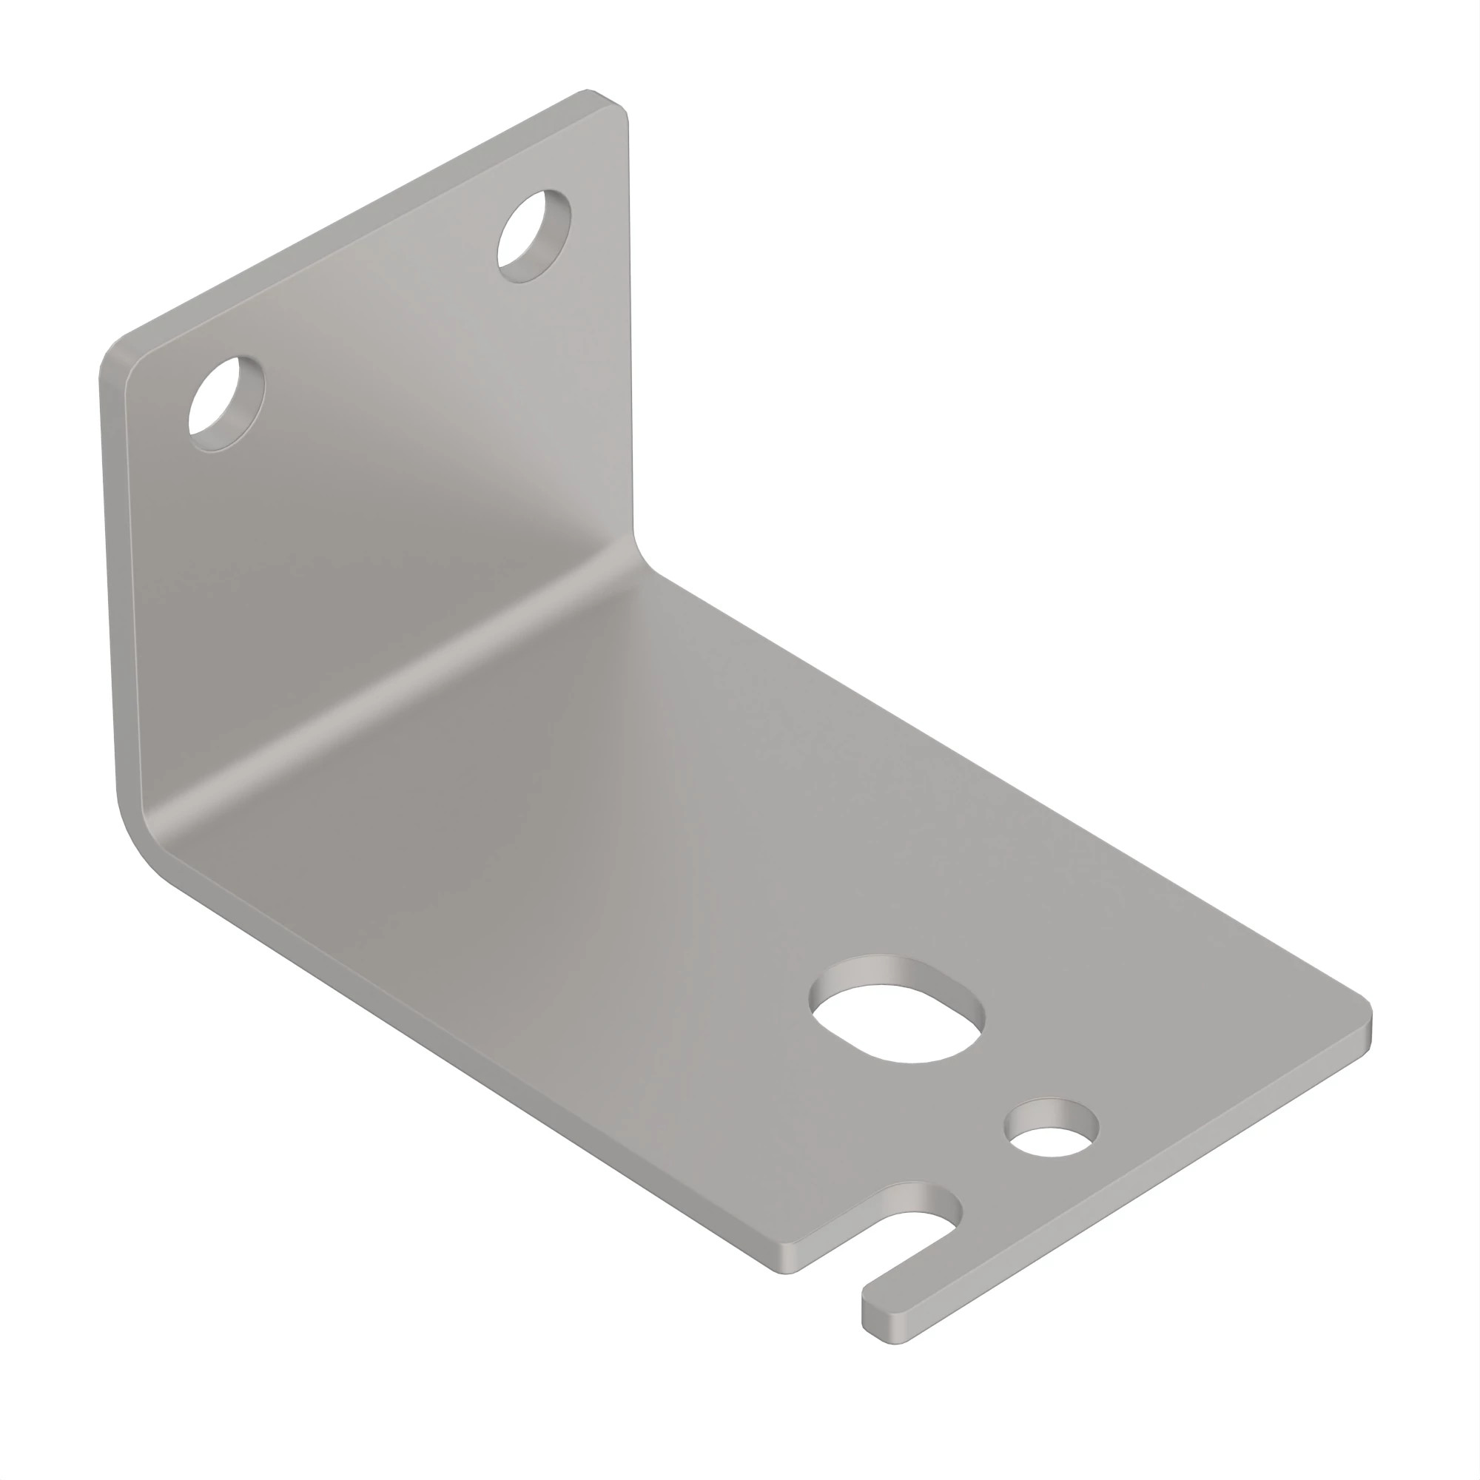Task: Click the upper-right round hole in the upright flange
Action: click(x=534, y=237)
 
